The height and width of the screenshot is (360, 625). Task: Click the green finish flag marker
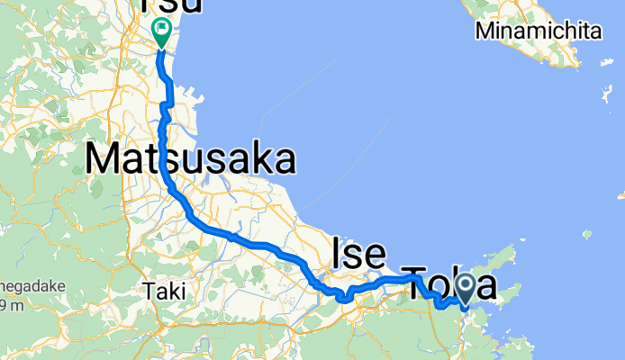[x=161, y=31]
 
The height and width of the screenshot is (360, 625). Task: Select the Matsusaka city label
[x=191, y=160]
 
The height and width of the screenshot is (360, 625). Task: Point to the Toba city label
[x=448, y=283]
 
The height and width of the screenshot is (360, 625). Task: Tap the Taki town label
[x=164, y=292]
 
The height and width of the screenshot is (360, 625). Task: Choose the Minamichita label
[x=539, y=31]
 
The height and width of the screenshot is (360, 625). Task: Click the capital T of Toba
[x=414, y=283]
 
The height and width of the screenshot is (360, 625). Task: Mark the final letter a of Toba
[x=485, y=286]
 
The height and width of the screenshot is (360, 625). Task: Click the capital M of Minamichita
[x=486, y=31]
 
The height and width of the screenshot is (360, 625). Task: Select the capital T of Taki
[x=149, y=292]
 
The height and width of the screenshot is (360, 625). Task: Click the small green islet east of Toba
[x=587, y=236]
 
